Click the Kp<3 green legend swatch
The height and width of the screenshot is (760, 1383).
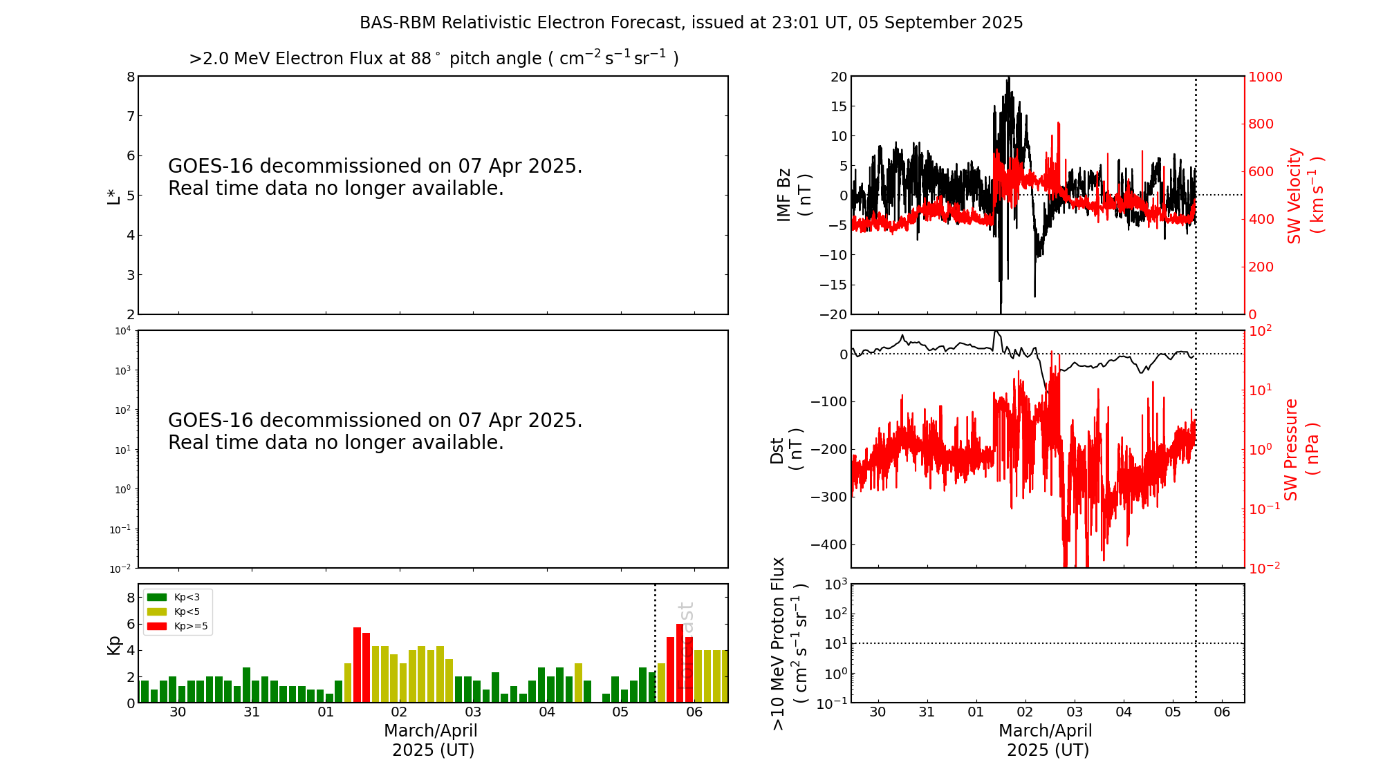157,597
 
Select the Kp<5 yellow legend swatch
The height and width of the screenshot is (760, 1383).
157,611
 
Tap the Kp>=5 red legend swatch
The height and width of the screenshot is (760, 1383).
157,627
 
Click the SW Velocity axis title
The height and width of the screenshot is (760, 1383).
1304,195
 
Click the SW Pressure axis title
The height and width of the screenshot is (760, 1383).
1301,449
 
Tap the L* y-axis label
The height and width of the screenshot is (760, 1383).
113,195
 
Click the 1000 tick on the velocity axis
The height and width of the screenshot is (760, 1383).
1265,77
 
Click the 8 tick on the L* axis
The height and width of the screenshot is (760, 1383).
131,77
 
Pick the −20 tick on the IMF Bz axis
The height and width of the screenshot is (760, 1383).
833,314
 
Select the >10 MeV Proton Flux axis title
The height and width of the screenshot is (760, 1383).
788,643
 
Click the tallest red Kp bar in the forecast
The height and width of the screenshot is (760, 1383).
680,663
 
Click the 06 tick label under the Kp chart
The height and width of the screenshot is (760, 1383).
694,712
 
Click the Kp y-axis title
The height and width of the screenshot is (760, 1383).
113,644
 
